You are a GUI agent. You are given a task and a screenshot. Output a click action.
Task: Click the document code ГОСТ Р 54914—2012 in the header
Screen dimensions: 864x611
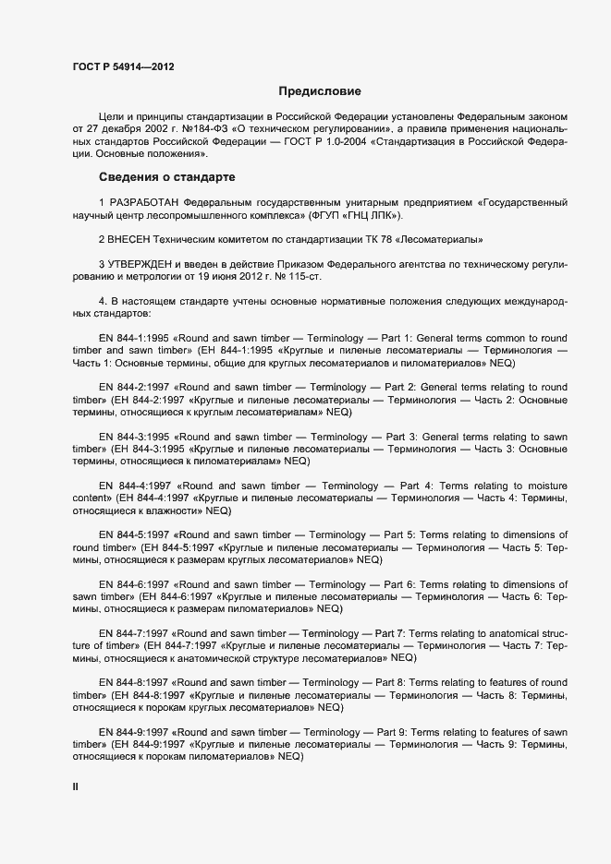[x=122, y=66]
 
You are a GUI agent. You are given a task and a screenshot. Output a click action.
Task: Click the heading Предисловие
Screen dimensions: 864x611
[x=320, y=91]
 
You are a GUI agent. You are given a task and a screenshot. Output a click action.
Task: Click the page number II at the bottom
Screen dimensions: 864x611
[x=76, y=786]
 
